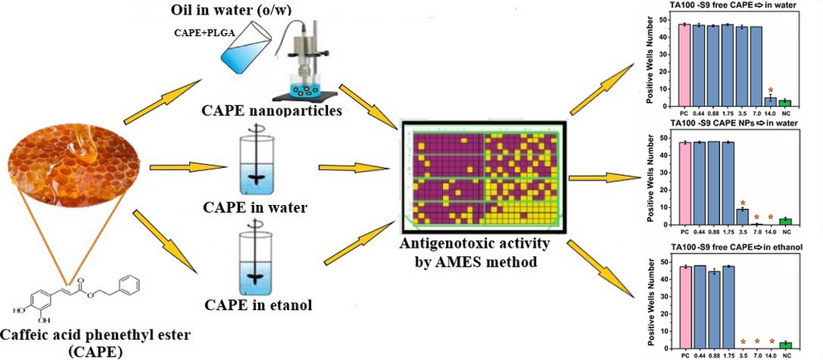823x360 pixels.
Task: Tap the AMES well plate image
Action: (482, 175)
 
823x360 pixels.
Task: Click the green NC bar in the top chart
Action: (785, 103)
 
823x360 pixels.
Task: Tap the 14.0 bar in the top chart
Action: (770, 101)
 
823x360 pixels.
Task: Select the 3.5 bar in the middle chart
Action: (742, 215)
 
